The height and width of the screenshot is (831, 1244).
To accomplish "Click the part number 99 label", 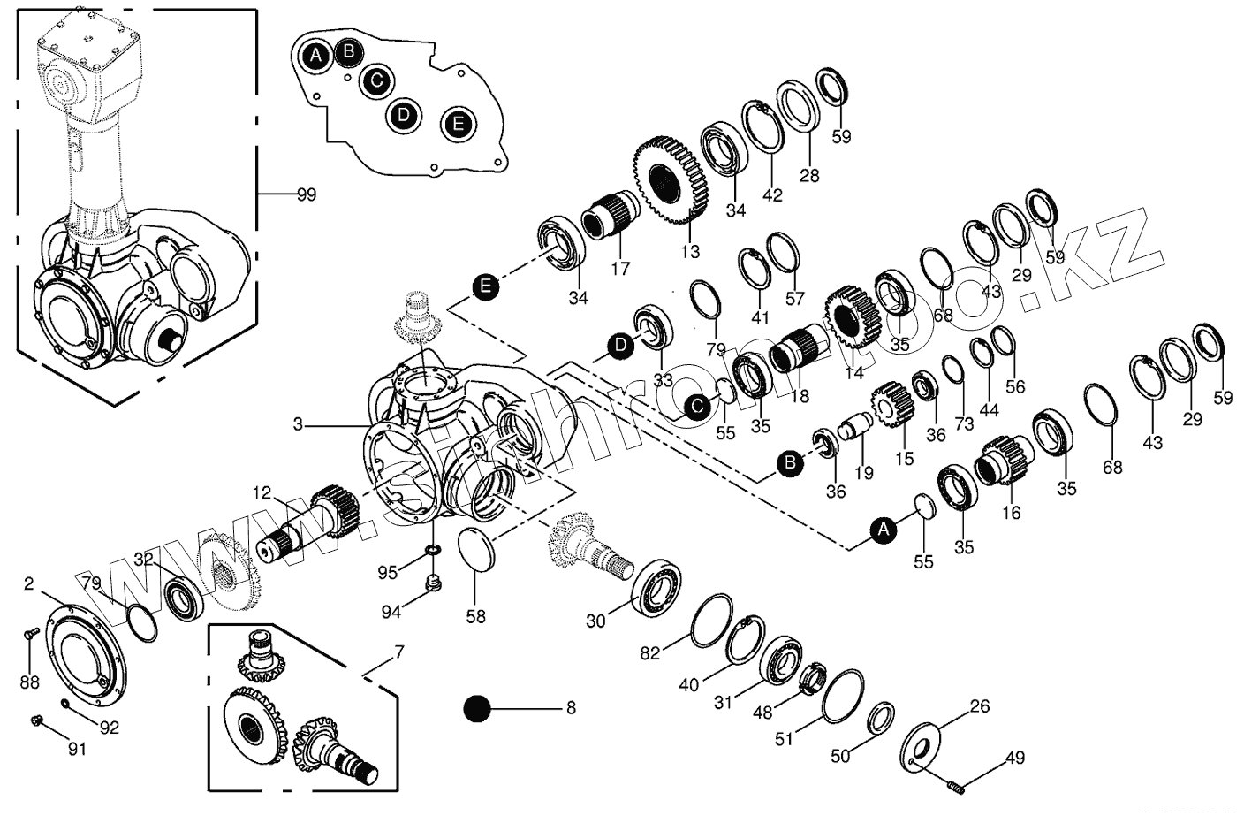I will point(306,194).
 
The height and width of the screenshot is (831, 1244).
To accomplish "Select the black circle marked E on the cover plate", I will point(458,123).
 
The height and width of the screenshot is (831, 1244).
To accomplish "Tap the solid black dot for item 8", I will point(477,708).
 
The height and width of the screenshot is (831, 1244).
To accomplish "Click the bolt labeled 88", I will point(28,634).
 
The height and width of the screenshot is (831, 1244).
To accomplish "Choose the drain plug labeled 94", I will point(433,583).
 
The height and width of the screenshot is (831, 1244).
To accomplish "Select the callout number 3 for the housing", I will point(298,425).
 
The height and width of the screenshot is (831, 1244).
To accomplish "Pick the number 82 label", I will point(649,652).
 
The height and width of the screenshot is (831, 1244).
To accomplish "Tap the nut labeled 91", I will point(38,720).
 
